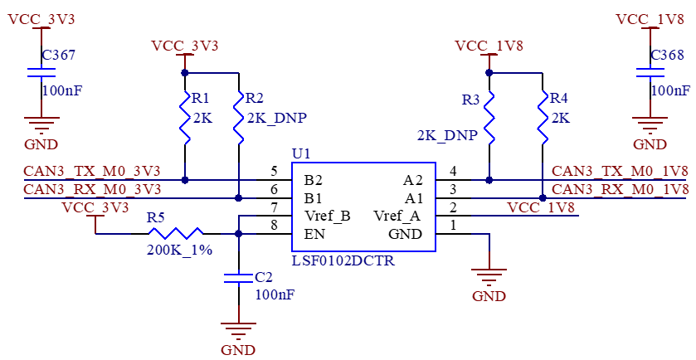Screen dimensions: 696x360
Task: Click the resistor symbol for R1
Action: click(x=185, y=117)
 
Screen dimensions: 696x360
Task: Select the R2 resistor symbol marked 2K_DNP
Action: click(x=239, y=117)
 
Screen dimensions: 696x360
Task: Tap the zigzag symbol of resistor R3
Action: click(x=489, y=117)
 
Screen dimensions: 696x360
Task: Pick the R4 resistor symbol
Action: click(x=543, y=117)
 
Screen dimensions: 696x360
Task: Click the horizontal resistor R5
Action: click(x=176, y=233)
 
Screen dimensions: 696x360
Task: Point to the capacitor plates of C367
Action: click(x=41, y=72)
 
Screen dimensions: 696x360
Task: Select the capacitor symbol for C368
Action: click(x=650, y=72)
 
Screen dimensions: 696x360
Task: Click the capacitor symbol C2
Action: click(x=238, y=278)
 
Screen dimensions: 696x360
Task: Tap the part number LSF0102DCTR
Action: click(x=343, y=260)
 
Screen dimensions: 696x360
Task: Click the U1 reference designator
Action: click(x=301, y=154)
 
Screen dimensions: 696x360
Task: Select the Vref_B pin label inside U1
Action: click(x=327, y=216)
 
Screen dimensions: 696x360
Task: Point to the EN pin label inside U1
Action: click(x=314, y=233)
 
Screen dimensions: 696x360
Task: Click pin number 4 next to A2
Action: click(x=453, y=171)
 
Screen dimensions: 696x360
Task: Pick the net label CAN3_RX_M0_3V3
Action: click(x=92, y=189)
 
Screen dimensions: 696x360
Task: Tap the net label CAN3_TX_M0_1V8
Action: click(x=621, y=171)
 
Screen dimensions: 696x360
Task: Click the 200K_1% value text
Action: click(x=179, y=250)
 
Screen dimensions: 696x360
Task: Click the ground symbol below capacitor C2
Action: click(x=238, y=330)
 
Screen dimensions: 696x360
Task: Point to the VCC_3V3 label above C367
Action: click(x=41, y=19)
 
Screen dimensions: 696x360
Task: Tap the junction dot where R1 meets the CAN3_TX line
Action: click(x=185, y=180)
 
